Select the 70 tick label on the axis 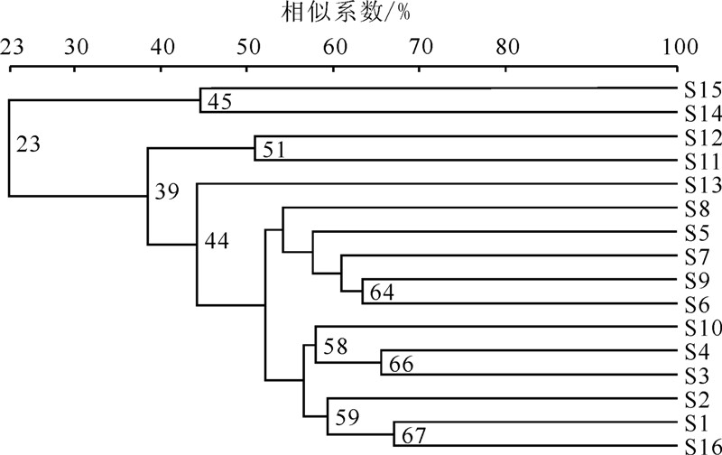click(x=421, y=46)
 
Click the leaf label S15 click(x=699, y=89)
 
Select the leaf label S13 click(x=699, y=185)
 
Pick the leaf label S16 click(x=699, y=445)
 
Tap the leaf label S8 click(x=695, y=209)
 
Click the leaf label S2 click(x=695, y=397)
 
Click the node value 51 click(x=274, y=150)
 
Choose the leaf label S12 click(x=699, y=137)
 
